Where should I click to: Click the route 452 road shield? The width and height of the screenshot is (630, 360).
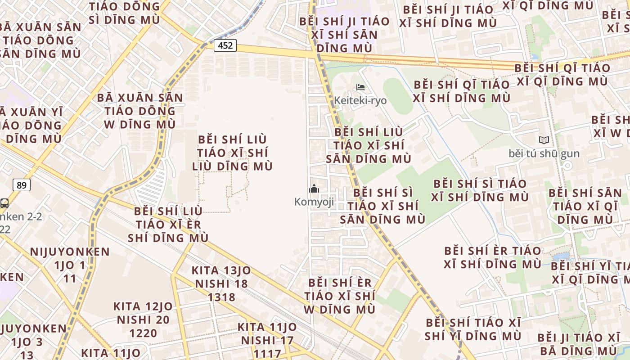pyautogui.click(x=225, y=45)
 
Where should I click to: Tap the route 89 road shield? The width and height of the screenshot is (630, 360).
pyautogui.click(x=21, y=185)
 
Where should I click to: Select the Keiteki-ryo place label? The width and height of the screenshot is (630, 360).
pyautogui.click(x=360, y=100)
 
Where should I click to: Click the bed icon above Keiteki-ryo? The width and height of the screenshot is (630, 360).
pyautogui.click(x=360, y=87)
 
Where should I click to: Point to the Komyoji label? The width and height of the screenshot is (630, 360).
pyautogui.click(x=314, y=202)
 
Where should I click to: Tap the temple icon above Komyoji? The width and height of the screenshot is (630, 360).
pyautogui.click(x=314, y=189)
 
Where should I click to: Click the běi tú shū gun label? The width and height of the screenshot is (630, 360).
pyautogui.click(x=544, y=153)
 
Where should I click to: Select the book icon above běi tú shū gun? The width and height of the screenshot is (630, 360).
pyautogui.click(x=544, y=140)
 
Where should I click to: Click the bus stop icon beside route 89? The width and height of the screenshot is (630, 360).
pyautogui.click(x=4, y=203)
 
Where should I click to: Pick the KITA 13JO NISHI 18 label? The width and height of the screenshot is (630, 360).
pyautogui.click(x=221, y=277)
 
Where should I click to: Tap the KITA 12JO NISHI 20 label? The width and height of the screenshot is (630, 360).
pyautogui.click(x=143, y=313)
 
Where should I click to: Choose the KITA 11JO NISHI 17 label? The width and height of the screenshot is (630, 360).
pyautogui.click(x=267, y=333)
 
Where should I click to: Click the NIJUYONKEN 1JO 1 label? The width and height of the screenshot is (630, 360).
pyautogui.click(x=70, y=258)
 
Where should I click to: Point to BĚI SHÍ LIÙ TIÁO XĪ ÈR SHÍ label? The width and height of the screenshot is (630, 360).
pyautogui.click(x=168, y=224)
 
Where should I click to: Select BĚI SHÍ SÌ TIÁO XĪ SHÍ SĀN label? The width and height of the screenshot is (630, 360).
pyautogui.click(x=382, y=206)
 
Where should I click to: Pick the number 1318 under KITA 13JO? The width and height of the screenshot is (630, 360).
pyautogui.click(x=221, y=297)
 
